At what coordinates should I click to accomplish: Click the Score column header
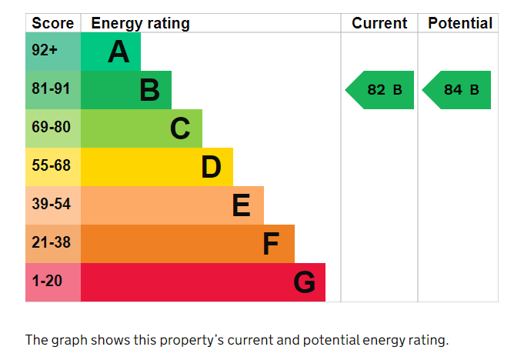53,23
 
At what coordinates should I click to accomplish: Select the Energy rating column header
140,24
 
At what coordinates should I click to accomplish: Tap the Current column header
379,23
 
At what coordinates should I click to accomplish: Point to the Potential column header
460,23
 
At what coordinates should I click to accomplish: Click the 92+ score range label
45,50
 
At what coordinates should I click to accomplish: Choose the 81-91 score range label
51,88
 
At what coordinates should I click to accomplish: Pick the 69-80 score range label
51,127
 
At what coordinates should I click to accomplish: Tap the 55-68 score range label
51,165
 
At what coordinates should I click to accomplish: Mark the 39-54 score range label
51,204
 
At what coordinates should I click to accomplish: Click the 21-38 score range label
51,242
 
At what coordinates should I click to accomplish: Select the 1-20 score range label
47,281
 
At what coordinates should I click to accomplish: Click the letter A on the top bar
118,52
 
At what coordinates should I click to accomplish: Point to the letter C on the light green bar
180,128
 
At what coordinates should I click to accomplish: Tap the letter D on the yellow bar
211,167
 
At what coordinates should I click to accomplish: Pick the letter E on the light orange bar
242,205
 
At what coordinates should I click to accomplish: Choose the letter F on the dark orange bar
271,243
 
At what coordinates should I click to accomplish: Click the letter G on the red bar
305,282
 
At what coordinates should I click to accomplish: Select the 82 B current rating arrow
379,90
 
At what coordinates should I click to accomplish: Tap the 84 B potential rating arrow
456,90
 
